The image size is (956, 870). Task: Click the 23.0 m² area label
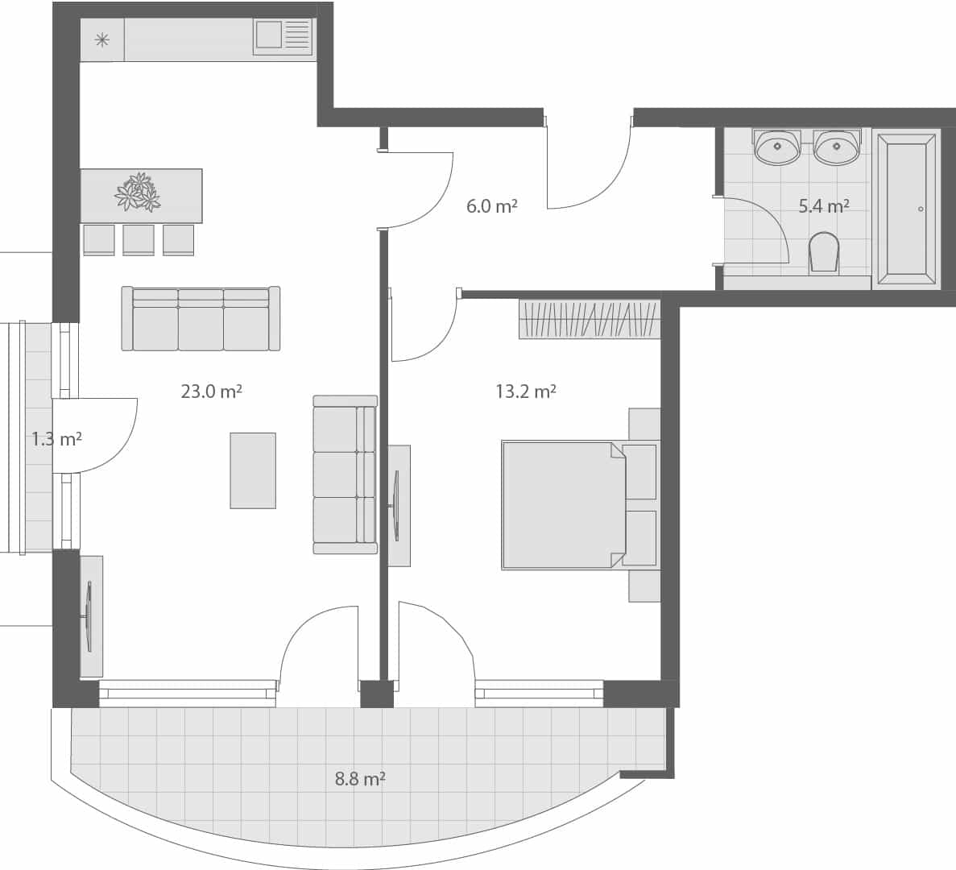click(211, 391)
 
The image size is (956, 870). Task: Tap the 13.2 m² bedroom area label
click(525, 391)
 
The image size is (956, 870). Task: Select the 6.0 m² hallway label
click(491, 206)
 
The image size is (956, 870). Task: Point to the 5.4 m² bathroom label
click(823, 206)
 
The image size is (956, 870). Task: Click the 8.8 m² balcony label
click(359, 779)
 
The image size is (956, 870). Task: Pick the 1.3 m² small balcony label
click(56, 439)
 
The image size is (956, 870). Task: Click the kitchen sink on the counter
click(282, 36)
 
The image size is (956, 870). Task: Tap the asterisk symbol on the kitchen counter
click(102, 39)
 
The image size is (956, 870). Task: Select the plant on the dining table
click(138, 192)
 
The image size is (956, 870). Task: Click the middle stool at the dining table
click(139, 240)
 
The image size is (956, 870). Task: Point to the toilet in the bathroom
click(824, 253)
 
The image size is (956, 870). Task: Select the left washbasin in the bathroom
click(777, 147)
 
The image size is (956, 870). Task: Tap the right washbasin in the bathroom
click(837, 147)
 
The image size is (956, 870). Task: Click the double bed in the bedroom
click(564, 505)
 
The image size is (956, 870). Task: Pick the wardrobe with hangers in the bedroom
click(589, 319)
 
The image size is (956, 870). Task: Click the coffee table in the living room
click(253, 470)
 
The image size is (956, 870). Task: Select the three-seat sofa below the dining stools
click(201, 319)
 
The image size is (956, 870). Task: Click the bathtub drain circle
click(921, 209)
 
